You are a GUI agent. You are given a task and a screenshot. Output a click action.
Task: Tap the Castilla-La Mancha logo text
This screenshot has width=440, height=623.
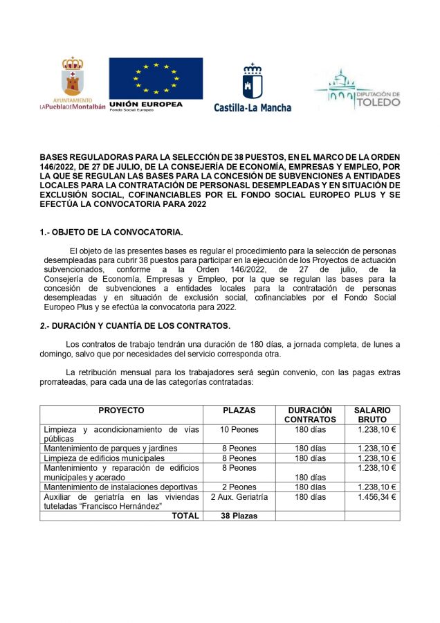point(253,107)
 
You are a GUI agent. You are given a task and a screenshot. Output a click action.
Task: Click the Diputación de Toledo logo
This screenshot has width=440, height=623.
point(357,90)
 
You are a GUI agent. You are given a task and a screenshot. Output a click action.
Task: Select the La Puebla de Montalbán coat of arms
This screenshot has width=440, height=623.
point(73,78)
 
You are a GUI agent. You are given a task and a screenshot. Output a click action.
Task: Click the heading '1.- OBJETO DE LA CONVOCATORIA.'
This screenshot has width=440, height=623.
point(111,233)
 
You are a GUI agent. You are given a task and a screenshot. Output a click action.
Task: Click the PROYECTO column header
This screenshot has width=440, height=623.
point(121,410)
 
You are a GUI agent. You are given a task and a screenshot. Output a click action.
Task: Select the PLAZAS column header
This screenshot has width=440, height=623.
point(239,410)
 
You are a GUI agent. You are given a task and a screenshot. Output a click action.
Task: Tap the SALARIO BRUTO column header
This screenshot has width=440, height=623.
point(373,415)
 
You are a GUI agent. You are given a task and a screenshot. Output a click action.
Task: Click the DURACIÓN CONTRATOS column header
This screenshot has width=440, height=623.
point(310,415)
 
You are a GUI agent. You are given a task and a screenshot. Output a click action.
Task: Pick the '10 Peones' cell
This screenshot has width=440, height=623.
point(239,429)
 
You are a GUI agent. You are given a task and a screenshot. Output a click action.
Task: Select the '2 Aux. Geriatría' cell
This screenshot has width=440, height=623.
point(239,497)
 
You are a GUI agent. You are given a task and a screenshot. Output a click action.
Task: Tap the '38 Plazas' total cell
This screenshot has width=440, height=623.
point(239,516)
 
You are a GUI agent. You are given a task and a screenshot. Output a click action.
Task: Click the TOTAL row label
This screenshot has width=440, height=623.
point(185,516)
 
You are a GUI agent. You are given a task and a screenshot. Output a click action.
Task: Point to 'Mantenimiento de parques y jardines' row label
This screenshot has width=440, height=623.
point(111,449)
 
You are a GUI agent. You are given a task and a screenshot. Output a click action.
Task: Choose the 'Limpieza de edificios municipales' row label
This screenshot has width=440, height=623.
point(104,458)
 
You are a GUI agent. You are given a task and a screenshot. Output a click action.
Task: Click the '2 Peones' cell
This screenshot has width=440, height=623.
point(239,487)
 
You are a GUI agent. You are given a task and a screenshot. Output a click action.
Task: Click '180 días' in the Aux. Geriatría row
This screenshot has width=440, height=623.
point(310,497)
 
